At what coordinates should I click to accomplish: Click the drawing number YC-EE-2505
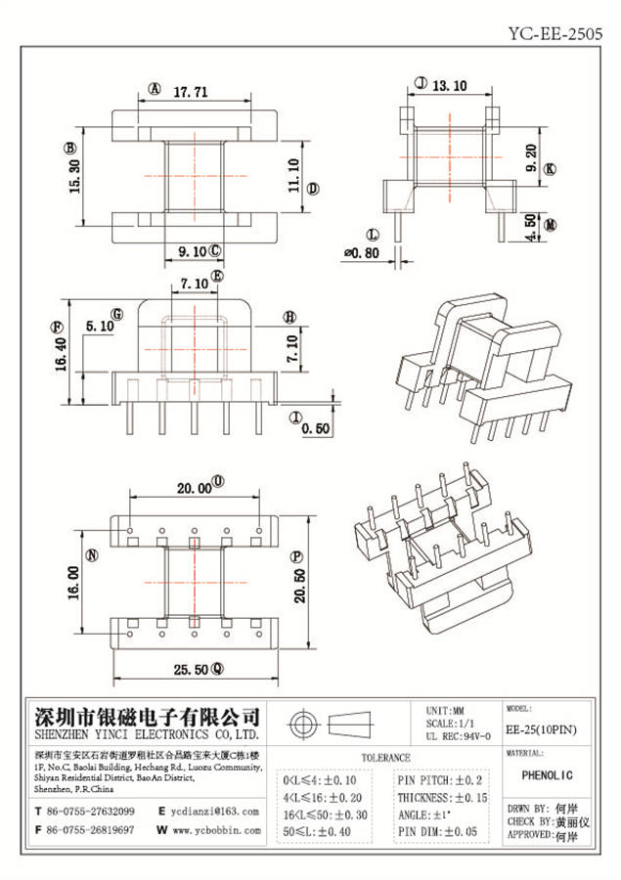coord(554,32)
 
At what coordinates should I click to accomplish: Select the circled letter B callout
coord(69,149)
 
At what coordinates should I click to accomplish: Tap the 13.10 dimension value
coord(449,86)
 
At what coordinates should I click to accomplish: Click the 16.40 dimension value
coord(61,356)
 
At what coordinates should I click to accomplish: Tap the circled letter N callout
coord(93,556)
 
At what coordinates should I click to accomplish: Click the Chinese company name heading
coord(147,715)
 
